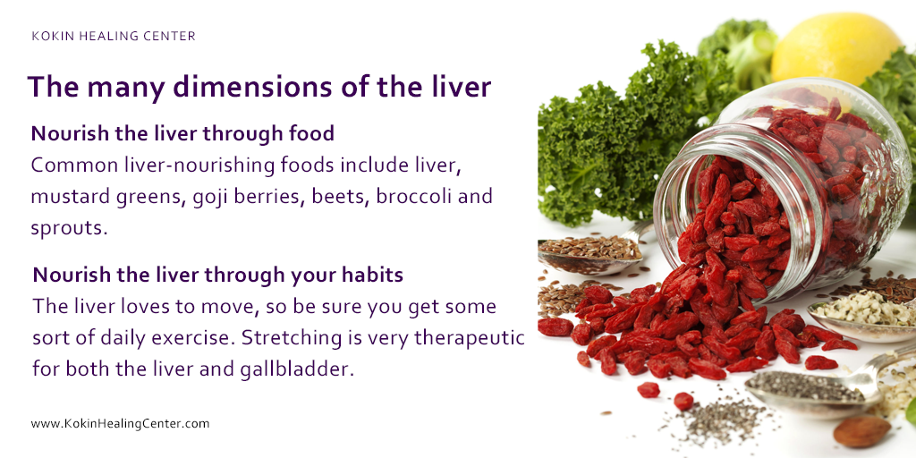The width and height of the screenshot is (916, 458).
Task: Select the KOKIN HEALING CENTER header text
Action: tap(113, 37)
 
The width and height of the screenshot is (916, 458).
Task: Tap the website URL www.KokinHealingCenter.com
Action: tap(120, 423)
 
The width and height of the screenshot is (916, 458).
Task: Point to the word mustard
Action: tap(66, 196)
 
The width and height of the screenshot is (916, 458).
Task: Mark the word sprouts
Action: tap(69, 227)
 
